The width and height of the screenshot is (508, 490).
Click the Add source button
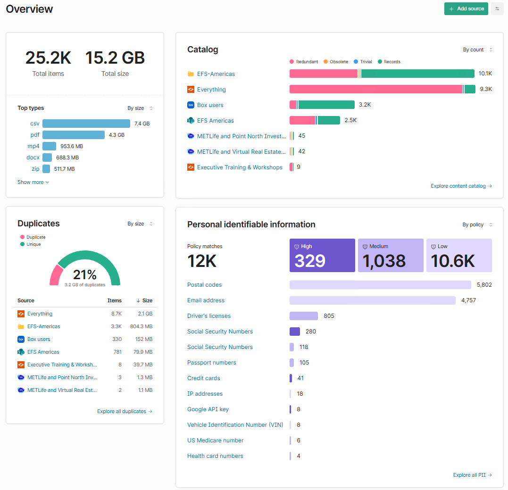466,9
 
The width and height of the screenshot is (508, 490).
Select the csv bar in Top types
86,124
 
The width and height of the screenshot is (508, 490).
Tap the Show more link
33,182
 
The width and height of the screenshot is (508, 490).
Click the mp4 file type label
33,146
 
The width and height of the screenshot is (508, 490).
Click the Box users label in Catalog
210,105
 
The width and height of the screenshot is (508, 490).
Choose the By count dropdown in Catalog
477,50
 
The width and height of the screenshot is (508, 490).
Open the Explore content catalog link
461,186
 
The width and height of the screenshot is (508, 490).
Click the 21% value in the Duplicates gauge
85,275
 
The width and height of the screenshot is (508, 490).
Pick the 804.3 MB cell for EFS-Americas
141,326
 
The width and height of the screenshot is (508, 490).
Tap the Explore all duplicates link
125,411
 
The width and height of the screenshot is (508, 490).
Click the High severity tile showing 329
322,255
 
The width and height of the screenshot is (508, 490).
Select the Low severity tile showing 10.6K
459,255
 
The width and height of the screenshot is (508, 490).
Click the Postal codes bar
380,285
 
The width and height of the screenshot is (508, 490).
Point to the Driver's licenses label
209,316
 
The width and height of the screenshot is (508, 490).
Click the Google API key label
208,409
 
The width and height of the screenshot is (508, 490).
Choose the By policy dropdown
477,224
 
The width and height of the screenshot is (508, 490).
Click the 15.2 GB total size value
115,58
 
